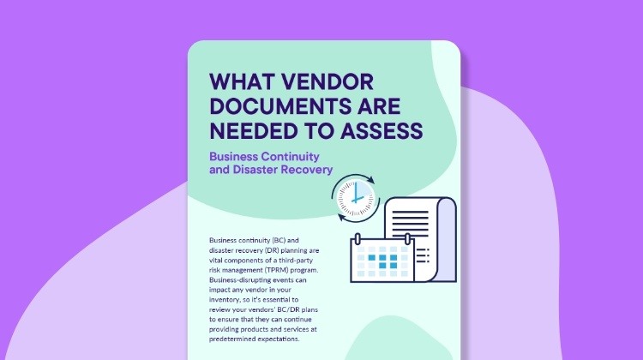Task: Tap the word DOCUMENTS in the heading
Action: point(276,107)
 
